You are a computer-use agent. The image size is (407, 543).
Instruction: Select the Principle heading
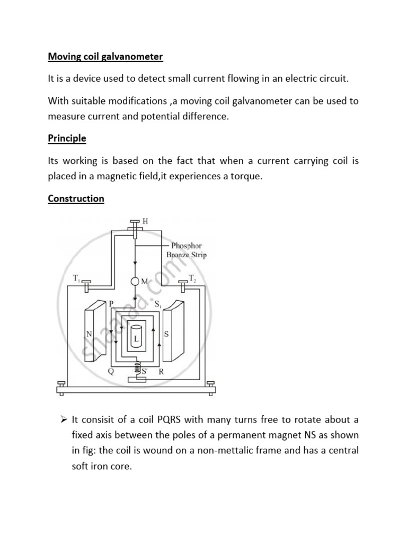pyautogui.click(x=67, y=138)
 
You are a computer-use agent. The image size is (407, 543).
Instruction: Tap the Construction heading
pyautogui.click(x=76, y=199)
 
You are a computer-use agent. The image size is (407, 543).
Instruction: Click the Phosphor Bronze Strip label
pyautogui.click(x=186, y=250)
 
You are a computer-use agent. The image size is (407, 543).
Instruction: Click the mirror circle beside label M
pyautogui.click(x=135, y=281)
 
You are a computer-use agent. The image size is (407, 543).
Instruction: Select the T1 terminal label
pyautogui.click(x=76, y=277)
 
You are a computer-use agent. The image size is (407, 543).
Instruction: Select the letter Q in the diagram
pyautogui.click(x=111, y=371)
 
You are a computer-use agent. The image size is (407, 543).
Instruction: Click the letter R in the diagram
pyautogui.click(x=161, y=371)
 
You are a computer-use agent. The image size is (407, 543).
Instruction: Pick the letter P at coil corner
pyautogui.click(x=111, y=304)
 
